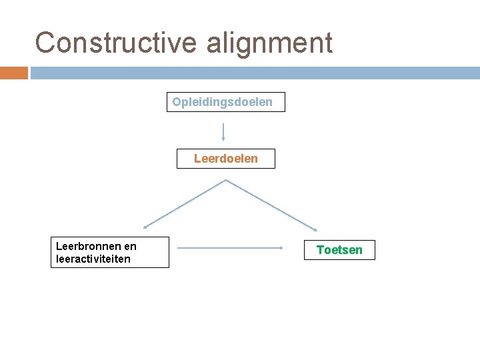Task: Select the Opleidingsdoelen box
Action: coord(225,102)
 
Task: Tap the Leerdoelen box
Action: coord(225,159)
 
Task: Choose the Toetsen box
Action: coord(339,250)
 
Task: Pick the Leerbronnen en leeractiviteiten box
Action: coord(110,253)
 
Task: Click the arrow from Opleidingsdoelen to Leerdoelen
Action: coord(223,131)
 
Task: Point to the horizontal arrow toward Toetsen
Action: coord(230,248)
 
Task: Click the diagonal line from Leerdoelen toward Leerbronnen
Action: coord(185,203)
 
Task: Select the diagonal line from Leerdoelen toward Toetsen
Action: coord(271,203)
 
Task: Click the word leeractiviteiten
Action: coord(93,259)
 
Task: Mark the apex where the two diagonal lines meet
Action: coord(226,179)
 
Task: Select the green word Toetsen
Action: coord(339,250)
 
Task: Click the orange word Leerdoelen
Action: coord(225,159)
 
